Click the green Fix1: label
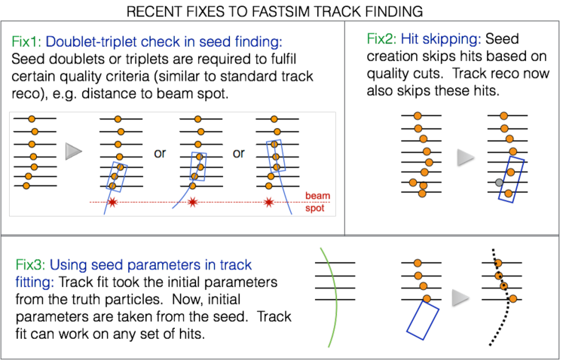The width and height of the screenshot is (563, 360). [26, 42]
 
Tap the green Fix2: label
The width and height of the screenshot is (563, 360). [380, 39]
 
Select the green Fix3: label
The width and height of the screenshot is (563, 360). [29, 265]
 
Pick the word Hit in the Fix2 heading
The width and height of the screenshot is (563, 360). [409, 39]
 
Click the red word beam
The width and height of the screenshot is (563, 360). [317, 196]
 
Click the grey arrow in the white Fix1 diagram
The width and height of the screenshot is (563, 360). [73, 151]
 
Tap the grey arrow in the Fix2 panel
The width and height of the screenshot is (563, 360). [466, 157]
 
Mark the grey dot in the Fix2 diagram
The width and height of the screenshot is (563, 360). [498, 182]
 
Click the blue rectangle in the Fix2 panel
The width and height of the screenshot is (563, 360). [511, 179]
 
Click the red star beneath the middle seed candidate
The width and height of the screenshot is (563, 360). [192, 202]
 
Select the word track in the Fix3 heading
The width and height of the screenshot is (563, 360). [235, 265]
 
